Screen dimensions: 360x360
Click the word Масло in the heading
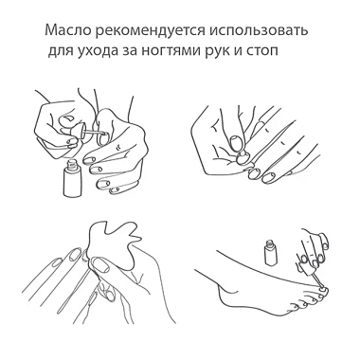pos(65,31)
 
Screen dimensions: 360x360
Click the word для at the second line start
pos(61,52)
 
